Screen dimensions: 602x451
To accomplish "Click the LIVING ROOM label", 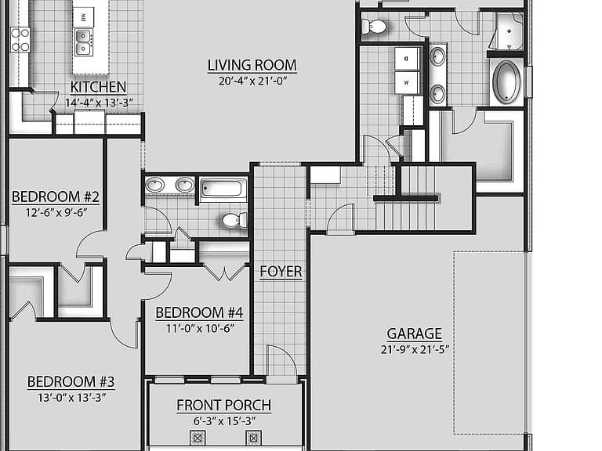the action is point(252,65).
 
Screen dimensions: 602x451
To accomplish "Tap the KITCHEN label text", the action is point(98,88).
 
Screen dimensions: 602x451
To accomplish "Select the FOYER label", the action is point(281,272).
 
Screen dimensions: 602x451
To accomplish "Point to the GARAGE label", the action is point(414,334).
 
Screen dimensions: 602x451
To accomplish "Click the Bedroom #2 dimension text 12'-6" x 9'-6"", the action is point(56,212).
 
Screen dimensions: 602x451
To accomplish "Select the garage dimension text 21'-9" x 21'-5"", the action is point(415,350).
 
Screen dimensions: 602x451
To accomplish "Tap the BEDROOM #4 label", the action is point(199,312).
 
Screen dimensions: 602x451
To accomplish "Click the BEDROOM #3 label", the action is point(71,381).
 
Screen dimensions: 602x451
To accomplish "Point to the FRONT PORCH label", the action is point(224,405).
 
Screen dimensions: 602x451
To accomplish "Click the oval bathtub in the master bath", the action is point(506,82).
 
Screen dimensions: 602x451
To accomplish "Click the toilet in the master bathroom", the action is point(375,27).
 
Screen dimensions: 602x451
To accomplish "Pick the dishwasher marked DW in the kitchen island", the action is point(83,16).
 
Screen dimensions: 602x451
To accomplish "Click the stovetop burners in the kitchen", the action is point(20,40).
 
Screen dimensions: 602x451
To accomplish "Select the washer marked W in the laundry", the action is point(407,82).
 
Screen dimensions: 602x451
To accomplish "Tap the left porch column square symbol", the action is point(198,438).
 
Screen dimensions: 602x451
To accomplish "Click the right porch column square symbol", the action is point(253,438).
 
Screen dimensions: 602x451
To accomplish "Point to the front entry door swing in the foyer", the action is point(282,360).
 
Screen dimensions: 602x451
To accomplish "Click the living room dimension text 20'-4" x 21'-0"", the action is point(253,81).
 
